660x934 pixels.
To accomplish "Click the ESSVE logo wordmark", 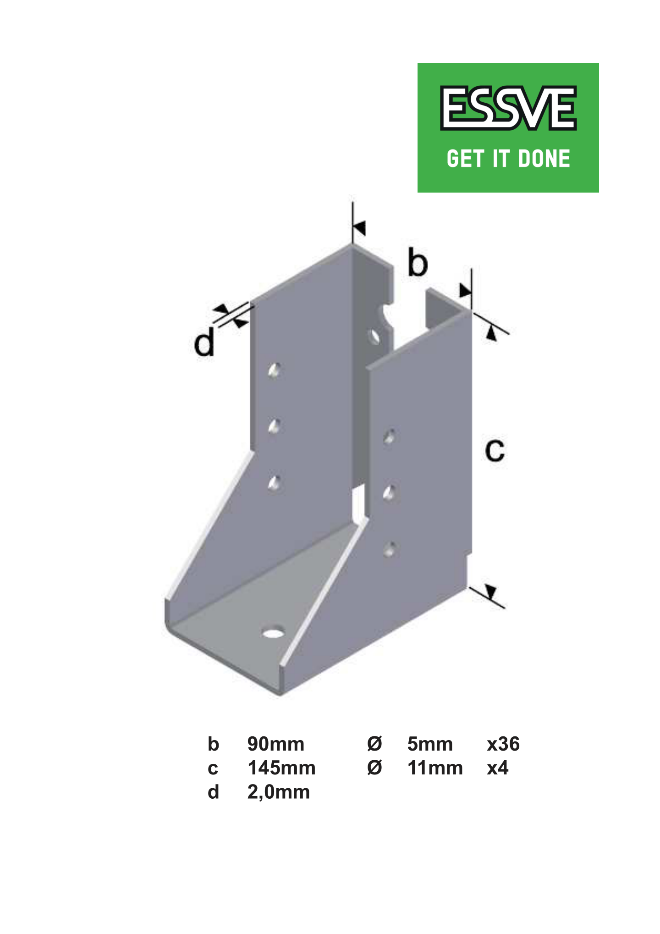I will [x=508, y=108].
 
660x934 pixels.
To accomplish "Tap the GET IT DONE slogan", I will [x=508, y=159].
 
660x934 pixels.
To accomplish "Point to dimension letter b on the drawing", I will [x=418, y=263].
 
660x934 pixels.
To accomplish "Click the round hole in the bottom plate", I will [x=273, y=634].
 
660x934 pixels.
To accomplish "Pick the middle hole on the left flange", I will [x=275, y=426].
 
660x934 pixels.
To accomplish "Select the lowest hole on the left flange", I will [x=275, y=482].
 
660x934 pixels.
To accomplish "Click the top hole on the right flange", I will [x=390, y=437].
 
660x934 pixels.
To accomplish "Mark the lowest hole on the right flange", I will [x=390, y=549].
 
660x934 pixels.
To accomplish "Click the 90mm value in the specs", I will [x=275, y=744].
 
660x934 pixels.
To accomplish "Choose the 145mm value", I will [x=281, y=768].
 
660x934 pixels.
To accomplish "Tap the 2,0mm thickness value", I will [x=279, y=792].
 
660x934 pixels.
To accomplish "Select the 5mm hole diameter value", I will [x=430, y=744].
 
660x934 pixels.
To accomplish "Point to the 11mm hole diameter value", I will [x=435, y=768].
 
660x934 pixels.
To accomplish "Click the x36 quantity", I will [x=503, y=744].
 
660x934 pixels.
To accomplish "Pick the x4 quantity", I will [x=498, y=768].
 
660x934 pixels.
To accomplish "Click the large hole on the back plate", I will [x=375, y=337].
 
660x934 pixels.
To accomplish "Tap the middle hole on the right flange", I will [x=390, y=493].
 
